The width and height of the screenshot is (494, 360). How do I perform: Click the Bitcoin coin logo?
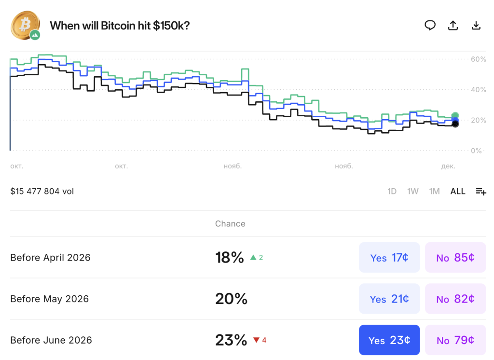[x=24, y=26]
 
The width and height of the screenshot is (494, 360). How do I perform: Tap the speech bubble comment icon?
[x=430, y=26]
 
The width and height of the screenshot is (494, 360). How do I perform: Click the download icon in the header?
[x=476, y=26]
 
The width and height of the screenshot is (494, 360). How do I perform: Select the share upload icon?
[x=453, y=26]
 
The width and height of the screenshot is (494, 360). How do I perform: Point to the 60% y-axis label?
[x=478, y=59]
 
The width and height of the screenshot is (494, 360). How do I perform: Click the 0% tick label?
[x=476, y=151]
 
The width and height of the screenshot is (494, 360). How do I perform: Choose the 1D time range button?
[x=392, y=192]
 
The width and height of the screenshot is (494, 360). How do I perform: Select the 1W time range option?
[x=412, y=192]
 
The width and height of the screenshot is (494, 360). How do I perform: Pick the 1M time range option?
[x=434, y=192]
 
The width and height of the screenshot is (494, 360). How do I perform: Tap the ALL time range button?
[x=458, y=192]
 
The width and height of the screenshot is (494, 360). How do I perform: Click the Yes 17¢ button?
[x=389, y=258]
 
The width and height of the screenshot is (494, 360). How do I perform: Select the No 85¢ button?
[x=455, y=258]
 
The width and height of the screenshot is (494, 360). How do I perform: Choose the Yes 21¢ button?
[x=389, y=299]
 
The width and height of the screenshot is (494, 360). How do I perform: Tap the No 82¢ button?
[x=455, y=299]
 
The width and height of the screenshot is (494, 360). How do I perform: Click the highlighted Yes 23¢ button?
[x=389, y=340]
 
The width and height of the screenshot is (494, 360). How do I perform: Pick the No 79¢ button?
[x=455, y=340]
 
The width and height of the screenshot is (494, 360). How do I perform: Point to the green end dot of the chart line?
[x=455, y=116]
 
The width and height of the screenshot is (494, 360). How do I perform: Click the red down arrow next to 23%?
[x=256, y=340]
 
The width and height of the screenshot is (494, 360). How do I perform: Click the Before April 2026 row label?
[x=50, y=258]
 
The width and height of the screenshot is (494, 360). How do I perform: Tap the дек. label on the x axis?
[x=448, y=166]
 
